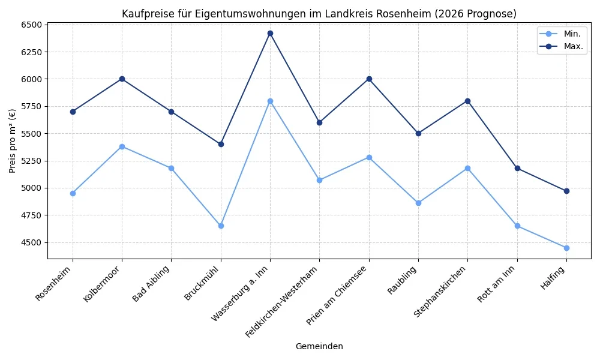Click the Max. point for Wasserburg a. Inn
270,33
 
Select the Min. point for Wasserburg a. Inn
270,101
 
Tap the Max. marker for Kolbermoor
122,79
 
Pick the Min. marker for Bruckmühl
221,226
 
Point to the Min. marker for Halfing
566,248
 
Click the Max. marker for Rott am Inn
517,168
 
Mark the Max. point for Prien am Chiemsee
369,79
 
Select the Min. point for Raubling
418,203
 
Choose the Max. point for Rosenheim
73,112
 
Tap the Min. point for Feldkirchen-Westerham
319,180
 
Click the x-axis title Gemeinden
319,346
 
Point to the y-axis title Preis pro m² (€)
13,141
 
